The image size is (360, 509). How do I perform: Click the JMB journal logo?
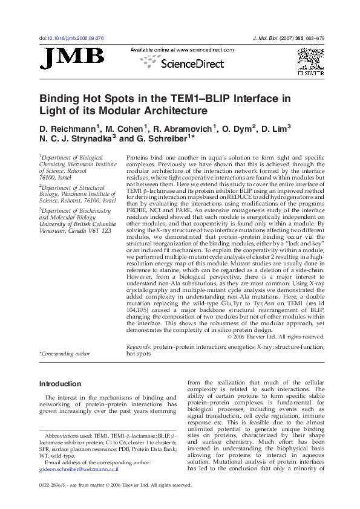(72, 58)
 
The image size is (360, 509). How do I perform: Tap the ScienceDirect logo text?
(191, 63)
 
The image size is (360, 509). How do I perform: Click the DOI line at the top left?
(72, 37)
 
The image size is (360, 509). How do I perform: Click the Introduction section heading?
(60, 383)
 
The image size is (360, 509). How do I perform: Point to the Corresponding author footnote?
(64, 354)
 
